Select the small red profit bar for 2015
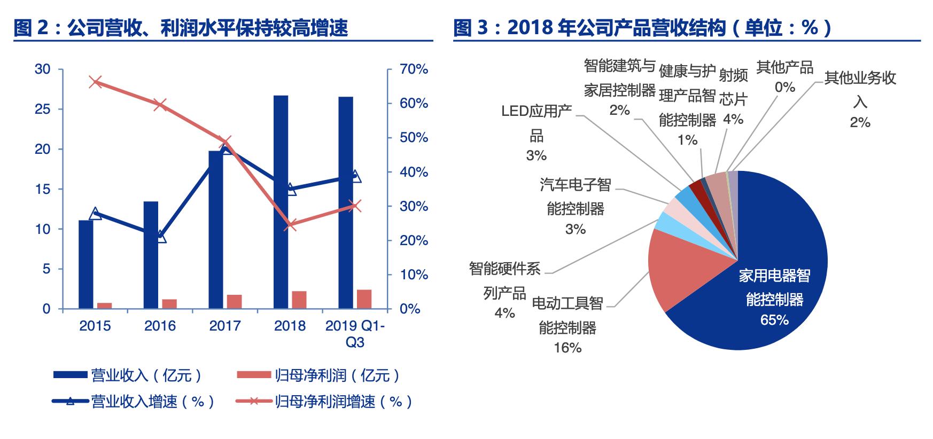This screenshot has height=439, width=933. (x=105, y=305)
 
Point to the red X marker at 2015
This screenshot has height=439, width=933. (x=96, y=82)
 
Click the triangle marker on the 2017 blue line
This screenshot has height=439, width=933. (x=226, y=150)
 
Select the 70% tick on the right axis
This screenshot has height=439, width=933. (x=414, y=69)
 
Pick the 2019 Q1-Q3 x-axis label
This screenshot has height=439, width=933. (x=354, y=334)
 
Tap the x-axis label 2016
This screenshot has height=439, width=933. (x=160, y=326)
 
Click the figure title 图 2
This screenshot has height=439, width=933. (x=31, y=28)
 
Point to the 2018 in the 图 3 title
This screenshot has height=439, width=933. (x=530, y=28)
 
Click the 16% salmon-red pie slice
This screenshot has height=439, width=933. (x=676, y=267)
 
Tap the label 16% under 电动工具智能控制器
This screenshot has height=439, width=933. (x=567, y=348)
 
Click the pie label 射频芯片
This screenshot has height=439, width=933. (x=733, y=87)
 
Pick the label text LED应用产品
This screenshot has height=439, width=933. (x=536, y=123)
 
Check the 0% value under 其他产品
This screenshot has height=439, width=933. (x=784, y=87)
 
